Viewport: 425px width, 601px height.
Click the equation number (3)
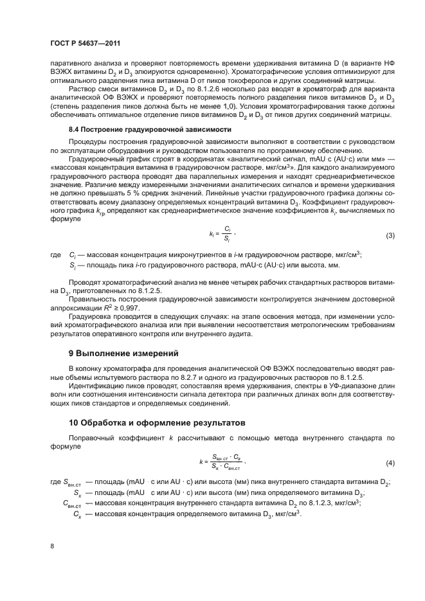[390, 236]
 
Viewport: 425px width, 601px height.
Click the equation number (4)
[390, 463]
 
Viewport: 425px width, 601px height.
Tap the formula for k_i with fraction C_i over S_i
[218, 235]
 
